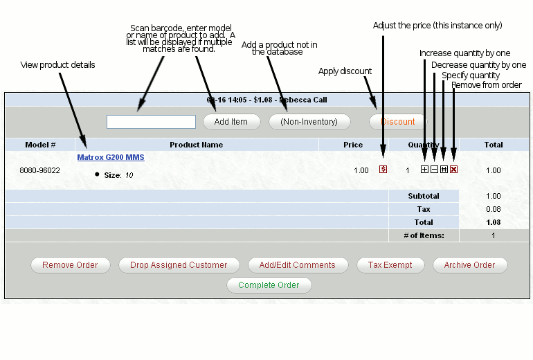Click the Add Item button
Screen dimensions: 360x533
click(x=231, y=122)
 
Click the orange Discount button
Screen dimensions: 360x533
click(x=398, y=122)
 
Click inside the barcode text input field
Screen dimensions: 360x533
click(x=151, y=122)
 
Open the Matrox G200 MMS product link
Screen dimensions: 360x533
click(x=111, y=158)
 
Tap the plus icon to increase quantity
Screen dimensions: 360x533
click(x=424, y=170)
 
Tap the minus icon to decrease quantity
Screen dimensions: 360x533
click(x=434, y=170)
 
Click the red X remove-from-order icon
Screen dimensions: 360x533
click(x=453, y=170)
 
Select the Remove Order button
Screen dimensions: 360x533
click(x=69, y=265)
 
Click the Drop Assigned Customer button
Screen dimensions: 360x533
click(x=179, y=265)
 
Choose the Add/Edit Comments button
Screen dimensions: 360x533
click(x=297, y=265)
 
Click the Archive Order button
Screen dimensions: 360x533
click(x=469, y=265)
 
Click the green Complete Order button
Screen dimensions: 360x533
click(x=269, y=285)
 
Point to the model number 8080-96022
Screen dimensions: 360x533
click(x=39, y=170)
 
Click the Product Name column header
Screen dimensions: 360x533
click(x=197, y=145)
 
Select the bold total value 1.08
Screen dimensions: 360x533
click(x=493, y=222)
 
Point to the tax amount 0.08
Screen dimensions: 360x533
click(x=493, y=209)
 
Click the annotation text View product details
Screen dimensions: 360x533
click(x=58, y=65)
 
